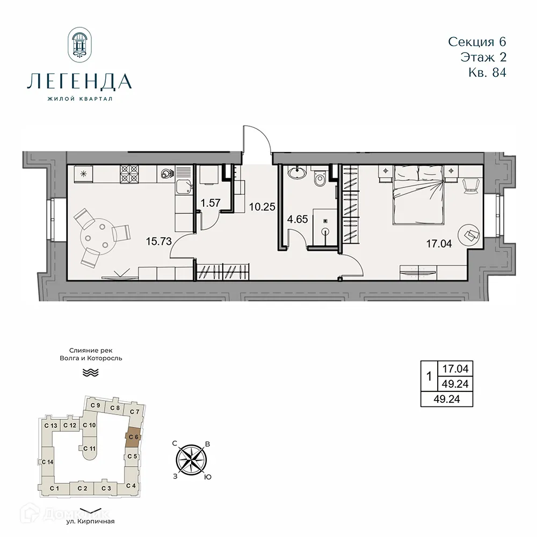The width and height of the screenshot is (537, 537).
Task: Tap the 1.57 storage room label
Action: pyautogui.click(x=211, y=202)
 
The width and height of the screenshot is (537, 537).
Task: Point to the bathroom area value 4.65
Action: pyautogui.click(x=297, y=219)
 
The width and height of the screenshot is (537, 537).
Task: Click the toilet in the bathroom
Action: pyautogui.click(x=320, y=178)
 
